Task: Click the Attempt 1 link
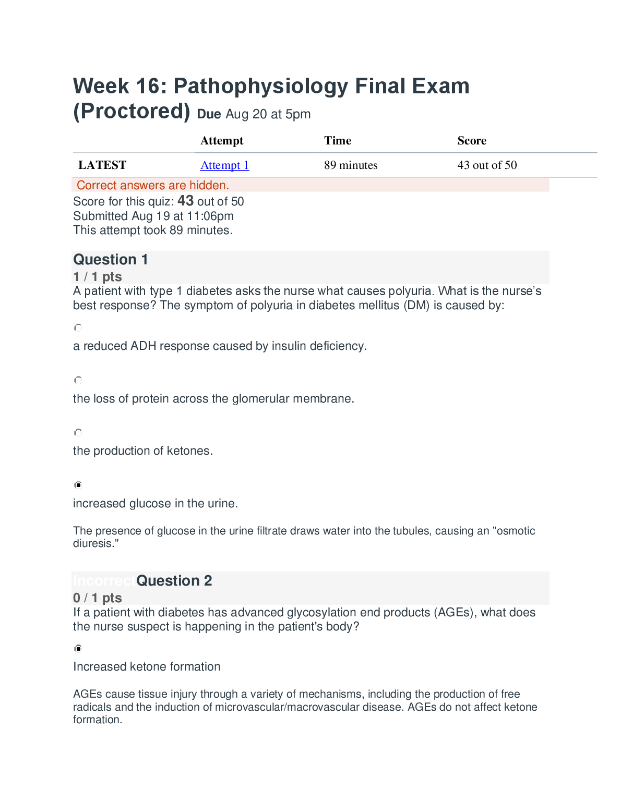click(224, 165)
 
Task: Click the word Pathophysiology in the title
click(260, 86)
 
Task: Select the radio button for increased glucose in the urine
click(78, 485)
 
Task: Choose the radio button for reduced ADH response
click(78, 328)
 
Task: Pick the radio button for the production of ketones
click(78, 432)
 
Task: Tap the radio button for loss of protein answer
click(78, 380)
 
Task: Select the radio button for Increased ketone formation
click(78, 648)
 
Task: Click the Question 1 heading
click(111, 260)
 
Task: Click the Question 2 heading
click(174, 581)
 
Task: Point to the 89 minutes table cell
click(351, 165)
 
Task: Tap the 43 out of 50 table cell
click(487, 165)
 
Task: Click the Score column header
click(472, 141)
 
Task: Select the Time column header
click(338, 141)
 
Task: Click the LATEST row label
click(102, 165)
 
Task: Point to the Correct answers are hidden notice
click(153, 185)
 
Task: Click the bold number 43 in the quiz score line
click(185, 201)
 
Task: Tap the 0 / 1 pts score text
click(98, 598)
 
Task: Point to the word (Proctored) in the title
click(132, 112)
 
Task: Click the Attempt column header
click(222, 141)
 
